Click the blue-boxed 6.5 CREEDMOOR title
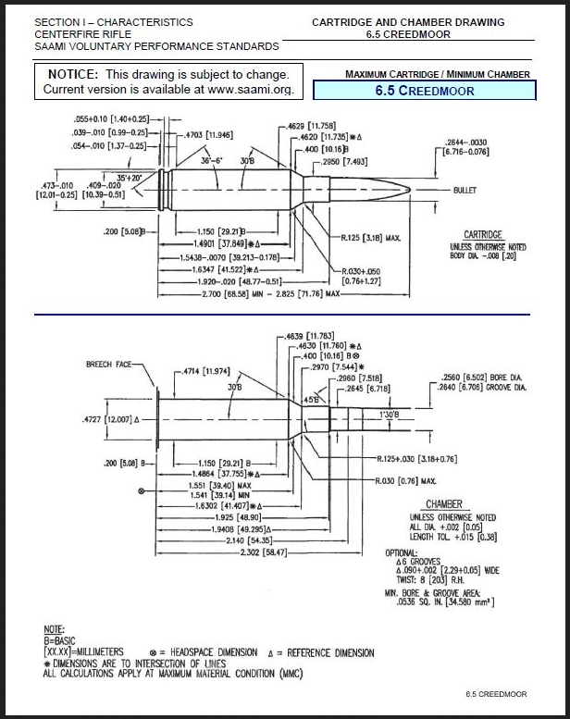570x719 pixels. pyautogui.click(x=425, y=91)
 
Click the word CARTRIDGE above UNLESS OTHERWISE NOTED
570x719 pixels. pyautogui.click(x=482, y=235)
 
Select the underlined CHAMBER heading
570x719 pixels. pyautogui.click(x=443, y=504)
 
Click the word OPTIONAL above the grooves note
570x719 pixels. pyautogui.click(x=402, y=552)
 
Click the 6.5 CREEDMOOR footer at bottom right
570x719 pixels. pyautogui.click(x=497, y=694)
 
